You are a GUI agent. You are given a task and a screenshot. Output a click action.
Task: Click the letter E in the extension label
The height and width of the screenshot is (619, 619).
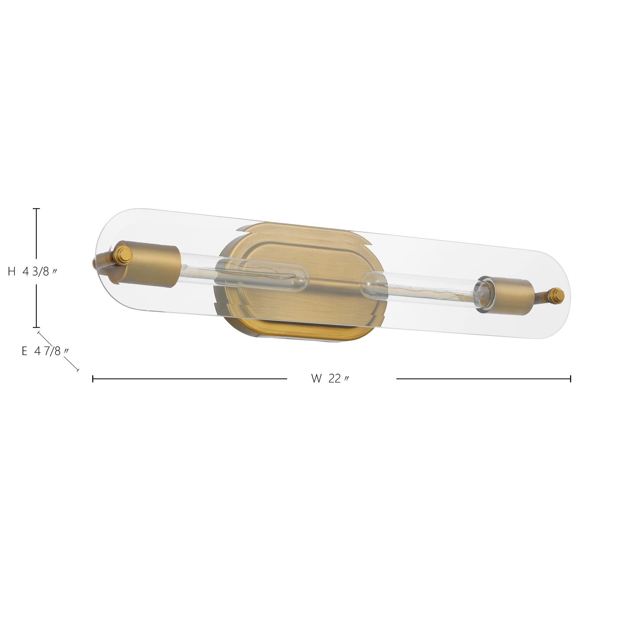[24, 352]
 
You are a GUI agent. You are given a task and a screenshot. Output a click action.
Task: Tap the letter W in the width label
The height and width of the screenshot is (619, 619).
[316, 379]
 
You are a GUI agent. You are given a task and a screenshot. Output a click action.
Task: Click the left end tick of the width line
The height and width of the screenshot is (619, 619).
[93, 379]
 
